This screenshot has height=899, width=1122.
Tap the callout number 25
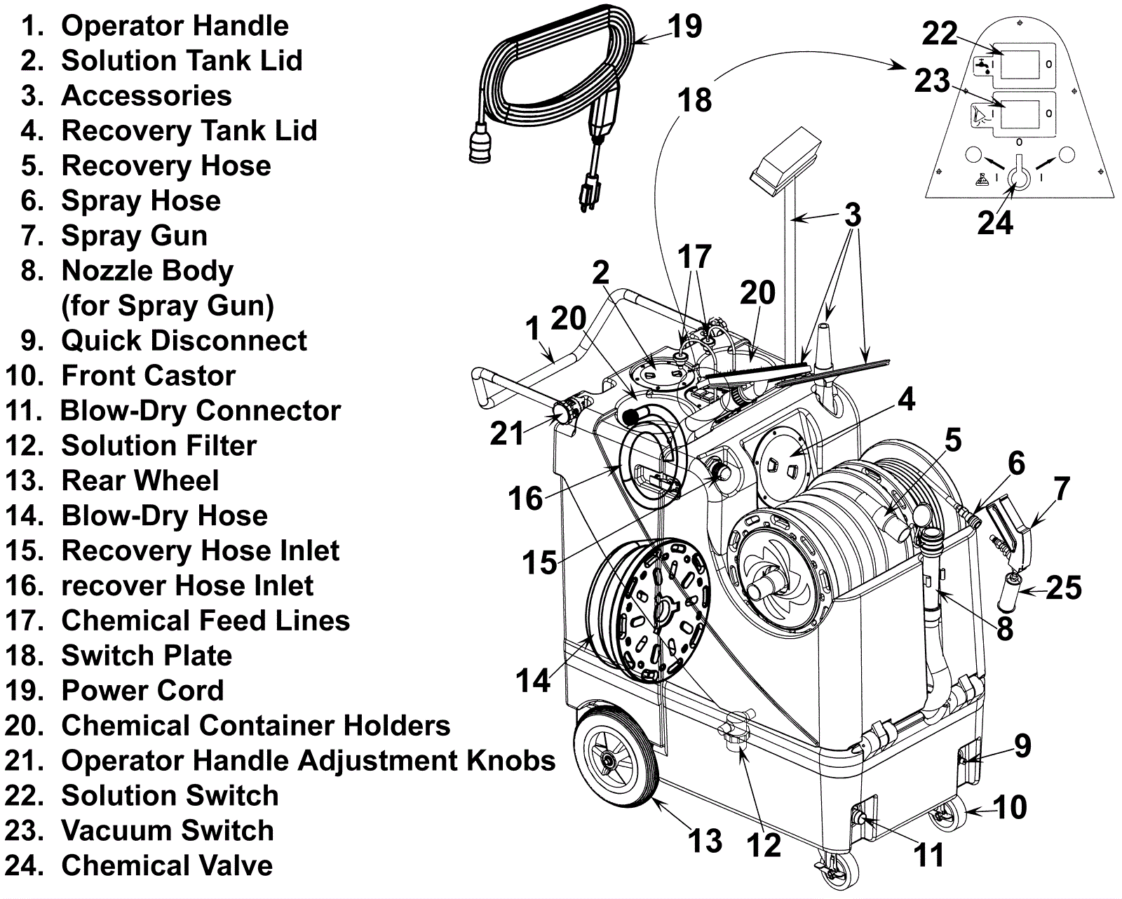coord(1064,588)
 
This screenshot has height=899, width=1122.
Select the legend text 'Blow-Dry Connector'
coord(201,411)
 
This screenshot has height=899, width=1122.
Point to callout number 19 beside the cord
coord(684,27)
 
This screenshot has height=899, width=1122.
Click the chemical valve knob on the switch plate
coord(1018,175)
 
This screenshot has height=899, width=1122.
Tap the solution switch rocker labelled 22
coord(1020,64)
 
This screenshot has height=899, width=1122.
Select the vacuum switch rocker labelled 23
coord(1020,114)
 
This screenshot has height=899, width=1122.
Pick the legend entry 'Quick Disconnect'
coord(184,341)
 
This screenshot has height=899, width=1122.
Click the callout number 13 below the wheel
coord(705,841)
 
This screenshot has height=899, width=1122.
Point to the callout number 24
coord(995,222)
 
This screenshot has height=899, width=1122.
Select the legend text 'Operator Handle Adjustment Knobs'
coord(308,761)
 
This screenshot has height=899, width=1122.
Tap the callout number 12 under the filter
coord(764,845)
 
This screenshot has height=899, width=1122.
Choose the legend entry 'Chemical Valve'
coord(167,865)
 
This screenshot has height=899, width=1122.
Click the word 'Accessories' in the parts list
coord(147,96)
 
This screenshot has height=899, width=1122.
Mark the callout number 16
coord(525,499)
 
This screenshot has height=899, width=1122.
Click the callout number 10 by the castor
coord(1010,807)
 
